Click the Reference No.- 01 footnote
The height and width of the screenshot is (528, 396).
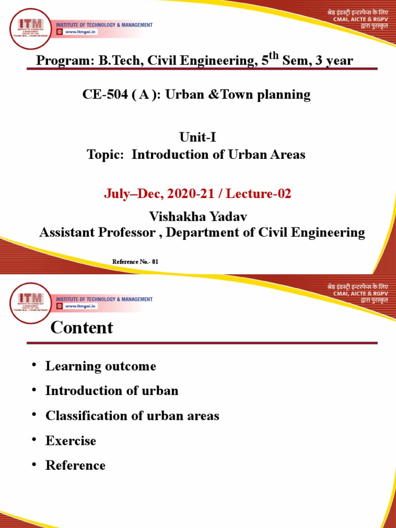pyautogui.click(x=135, y=262)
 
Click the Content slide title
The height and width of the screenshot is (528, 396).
pyautogui.click(x=81, y=327)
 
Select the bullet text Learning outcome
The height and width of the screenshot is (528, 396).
pyautogui.click(x=101, y=366)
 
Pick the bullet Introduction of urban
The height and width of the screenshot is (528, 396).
pyautogui.click(x=112, y=391)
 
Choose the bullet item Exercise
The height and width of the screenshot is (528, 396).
pyautogui.click(x=71, y=440)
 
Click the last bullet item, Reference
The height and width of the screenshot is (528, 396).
pyautogui.click(x=75, y=465)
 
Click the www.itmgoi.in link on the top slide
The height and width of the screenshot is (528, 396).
pyautogui.click(x=80, y=31)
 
